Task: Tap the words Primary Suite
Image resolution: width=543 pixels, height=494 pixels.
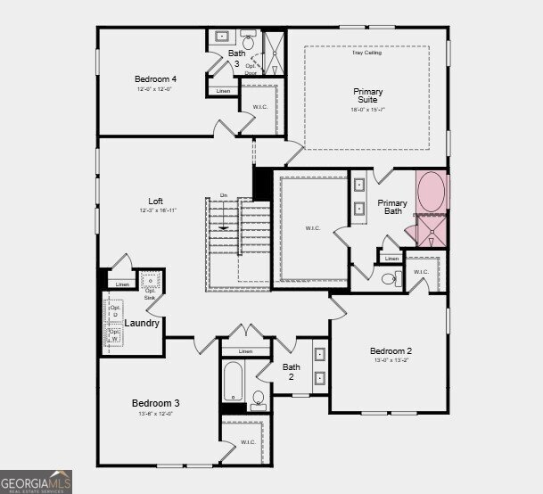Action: coord(367,95)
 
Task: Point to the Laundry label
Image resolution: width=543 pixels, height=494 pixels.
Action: coord(142,323)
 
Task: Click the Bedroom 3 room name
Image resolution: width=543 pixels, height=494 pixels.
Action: coord(156,403)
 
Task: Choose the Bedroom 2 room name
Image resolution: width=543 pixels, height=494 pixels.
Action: coord(391,351)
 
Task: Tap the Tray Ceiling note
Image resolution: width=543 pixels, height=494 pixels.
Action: coord(366,54)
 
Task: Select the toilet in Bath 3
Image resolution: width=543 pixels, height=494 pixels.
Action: coord(248,39)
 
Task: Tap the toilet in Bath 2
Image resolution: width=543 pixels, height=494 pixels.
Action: coord(259,399)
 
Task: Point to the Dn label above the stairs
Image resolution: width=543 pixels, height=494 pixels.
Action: coord(224,196)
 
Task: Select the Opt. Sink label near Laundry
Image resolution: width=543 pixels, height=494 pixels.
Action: coord(150,293)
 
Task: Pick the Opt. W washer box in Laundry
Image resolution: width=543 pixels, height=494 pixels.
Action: coord(114,335)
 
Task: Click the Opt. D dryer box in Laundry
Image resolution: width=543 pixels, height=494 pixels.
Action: coord(114,311)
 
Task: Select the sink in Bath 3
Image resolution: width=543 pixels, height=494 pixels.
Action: coord(223,38)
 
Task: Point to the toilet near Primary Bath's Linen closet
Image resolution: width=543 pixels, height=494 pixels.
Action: coord(390,279)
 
